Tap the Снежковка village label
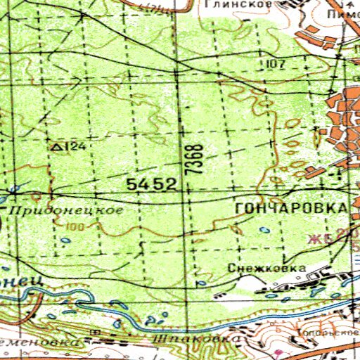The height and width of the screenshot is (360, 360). pyautogui.click(x=266, y=269)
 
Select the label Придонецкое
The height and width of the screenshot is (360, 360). pyautogui.click(x=65, y=210)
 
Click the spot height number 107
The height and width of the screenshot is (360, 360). pyautogui.click(x=276, y=65)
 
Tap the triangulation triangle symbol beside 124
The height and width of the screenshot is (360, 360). pyautogui.click(x=57, y=146)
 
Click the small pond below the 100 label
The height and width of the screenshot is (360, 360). pyautogui.click(x=65, y=241)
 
